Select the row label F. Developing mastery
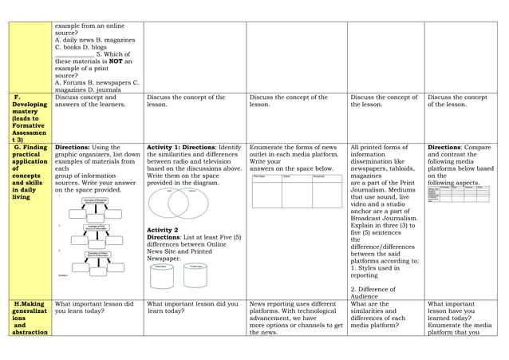(30, 118)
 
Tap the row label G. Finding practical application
(30, 172)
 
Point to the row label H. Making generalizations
(30, 318)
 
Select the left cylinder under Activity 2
(162, 275)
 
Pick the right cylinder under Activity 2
(195, 275)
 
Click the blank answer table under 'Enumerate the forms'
(296, 191)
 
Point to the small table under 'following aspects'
(458, 194)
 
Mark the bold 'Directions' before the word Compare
(444, 148)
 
